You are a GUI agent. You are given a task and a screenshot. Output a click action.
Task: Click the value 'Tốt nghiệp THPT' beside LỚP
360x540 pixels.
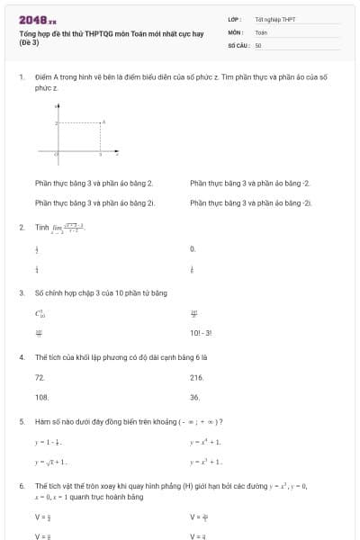coord(274,19)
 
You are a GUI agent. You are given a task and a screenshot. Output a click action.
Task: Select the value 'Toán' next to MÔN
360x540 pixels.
coord(261,31)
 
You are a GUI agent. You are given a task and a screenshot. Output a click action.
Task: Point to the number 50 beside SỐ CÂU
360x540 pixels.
coord(258,44)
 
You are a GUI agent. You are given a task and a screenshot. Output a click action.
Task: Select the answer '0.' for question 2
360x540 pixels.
coord(193,248)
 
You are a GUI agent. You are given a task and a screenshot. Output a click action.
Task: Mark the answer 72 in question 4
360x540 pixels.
coord(40,377)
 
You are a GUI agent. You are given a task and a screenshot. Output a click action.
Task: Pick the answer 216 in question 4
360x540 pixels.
coord(196,377)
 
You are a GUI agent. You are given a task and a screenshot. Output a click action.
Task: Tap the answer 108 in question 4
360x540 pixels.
coord(41,396)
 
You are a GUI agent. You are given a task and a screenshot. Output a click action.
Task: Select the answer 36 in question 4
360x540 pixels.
coord(194,396)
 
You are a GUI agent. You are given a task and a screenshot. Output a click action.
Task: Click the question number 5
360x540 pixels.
coord(21,421)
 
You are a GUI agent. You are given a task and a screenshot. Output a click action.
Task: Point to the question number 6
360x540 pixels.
coord(21,485)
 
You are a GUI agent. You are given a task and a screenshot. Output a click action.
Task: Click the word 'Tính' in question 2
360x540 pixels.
coord(41,228)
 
